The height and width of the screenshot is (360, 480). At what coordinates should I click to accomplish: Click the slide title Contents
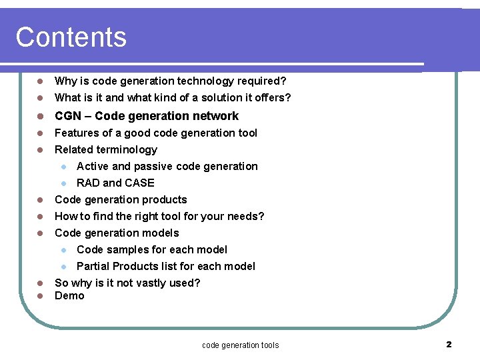[x=71, y=37]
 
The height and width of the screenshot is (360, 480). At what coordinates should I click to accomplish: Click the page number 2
[x=449, y=344]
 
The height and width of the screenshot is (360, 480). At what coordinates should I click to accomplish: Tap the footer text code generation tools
[x=240, y=345]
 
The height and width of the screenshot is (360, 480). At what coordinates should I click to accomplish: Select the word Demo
[x=69, y=296]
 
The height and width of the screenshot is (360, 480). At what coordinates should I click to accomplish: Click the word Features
[x=77, y=133]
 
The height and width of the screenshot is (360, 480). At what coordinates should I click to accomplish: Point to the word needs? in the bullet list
[x=245, y=216]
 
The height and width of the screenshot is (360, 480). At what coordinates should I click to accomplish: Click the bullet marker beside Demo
[x=40, y=296]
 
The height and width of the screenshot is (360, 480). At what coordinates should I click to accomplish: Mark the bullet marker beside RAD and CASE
[x=63, y=183]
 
